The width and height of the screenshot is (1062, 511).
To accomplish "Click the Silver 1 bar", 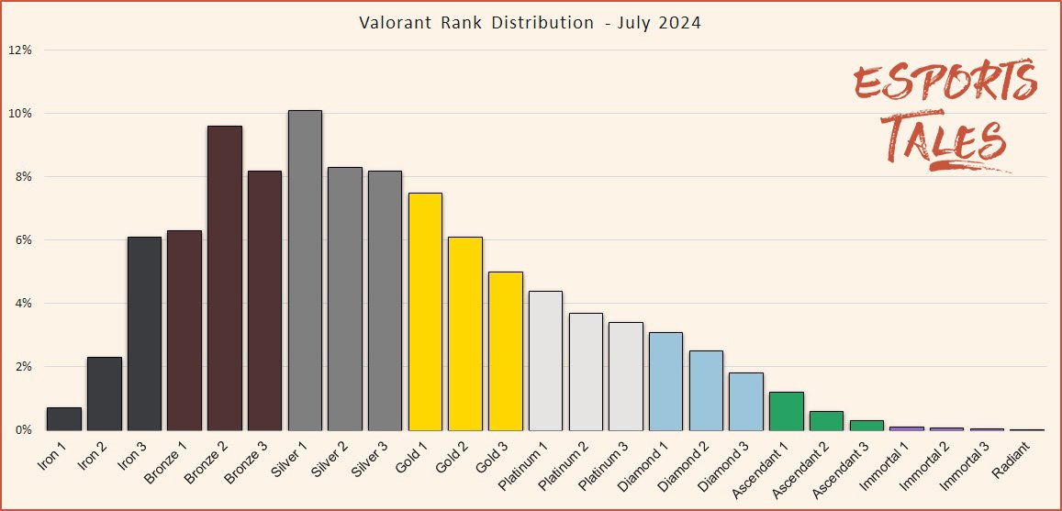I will pyautogui.click(x=305, y=270).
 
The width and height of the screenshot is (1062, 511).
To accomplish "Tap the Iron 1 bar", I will pyautogui.click(x=64, y=418).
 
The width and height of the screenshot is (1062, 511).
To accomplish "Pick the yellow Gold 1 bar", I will pyautogui.click(x=425, y=311).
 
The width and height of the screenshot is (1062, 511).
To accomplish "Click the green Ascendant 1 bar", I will pyautogui.click(x=787, y=411).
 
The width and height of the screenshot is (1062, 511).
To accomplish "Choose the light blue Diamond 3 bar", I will pyautogui.click(x=746, y=401).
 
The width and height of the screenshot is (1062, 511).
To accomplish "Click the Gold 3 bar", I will pyautogui.click(x=506, y=350).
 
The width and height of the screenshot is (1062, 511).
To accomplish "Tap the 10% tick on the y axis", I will pyautogui.click(x=20, y=114).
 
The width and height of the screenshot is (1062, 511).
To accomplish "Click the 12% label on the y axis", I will pyautogui.click(x=20, y=50).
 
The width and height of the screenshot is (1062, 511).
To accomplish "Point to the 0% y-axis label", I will pyautogui.click(x=23, y=429).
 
